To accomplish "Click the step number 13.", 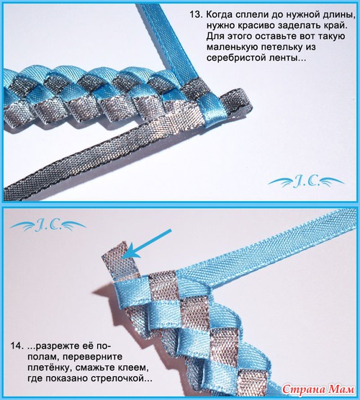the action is (x=195, y=14).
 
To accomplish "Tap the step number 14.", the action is (x=17, y=347).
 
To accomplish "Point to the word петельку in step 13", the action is (x=286, y=47).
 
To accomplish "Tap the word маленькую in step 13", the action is (x=233, y=48).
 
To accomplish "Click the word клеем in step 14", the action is (x=135, y=368).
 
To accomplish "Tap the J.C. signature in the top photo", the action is (x=306, y=182).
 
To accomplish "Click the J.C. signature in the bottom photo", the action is (x=48, y=226).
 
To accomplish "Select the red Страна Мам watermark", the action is (x=318, y=389).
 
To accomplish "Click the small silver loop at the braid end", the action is (x=235, y=103).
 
